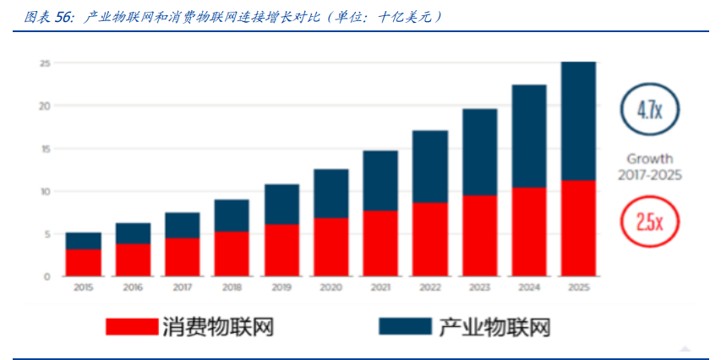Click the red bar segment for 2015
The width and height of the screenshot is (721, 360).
(x=83, y=262)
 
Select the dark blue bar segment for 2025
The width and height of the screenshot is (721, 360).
(x=578, y=121)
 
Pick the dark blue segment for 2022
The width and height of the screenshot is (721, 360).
(x=429, y=166)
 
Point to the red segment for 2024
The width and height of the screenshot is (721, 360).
(x=529, y=232)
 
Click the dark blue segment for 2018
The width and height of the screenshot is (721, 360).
(x=231, y=215)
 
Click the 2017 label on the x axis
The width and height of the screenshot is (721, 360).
(x=182, y=287)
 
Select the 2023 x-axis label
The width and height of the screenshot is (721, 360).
(x=479, y=287)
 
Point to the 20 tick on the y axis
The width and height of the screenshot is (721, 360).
(x=45, y=106)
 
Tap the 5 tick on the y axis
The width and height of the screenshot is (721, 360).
(x=46, y=234)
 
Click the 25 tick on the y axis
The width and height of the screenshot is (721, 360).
(x=45, y=63)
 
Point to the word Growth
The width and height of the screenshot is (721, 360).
(x=650, y=158)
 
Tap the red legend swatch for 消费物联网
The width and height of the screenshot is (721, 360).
(x=130, y=325)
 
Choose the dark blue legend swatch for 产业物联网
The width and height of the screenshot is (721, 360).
(x=405, y=325)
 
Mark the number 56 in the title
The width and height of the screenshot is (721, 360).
(x=64, y=17)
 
